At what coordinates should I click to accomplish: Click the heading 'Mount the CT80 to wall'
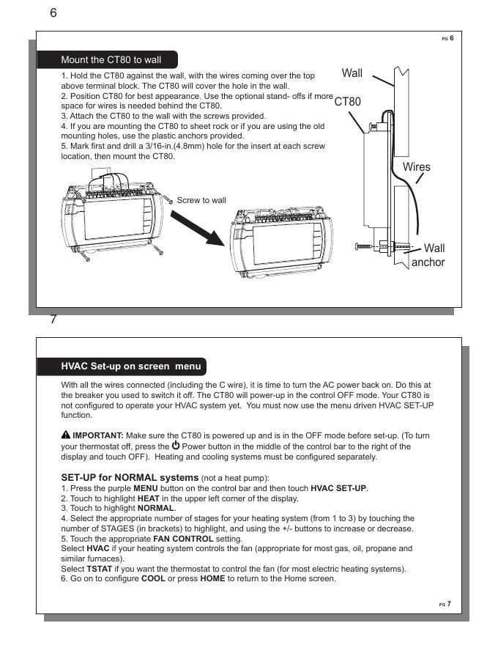[x=111, y=59]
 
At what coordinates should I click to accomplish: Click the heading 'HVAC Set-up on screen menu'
[x=131, y=366]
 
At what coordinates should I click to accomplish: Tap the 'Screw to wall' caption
[x=201, y=200]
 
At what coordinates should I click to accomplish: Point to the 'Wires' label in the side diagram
[x=417, y=167]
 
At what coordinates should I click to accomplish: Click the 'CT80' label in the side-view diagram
[x=347, y=103]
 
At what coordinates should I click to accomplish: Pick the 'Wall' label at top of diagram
[x=352, y=73]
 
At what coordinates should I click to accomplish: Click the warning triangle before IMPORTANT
[x=66, y=435]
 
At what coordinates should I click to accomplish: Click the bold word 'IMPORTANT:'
[x=98, y=435]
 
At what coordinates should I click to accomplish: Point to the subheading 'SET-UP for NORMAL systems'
[x=130, y=478]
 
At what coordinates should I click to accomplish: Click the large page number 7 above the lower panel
[x=53, y=320]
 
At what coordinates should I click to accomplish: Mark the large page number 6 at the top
[x=53, y=14]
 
